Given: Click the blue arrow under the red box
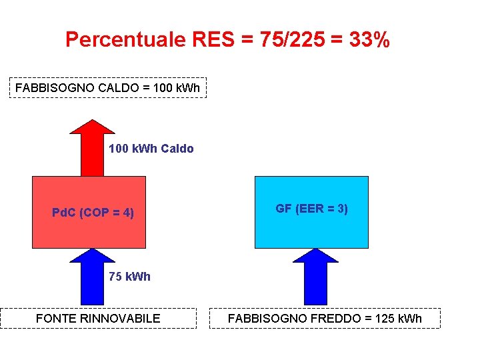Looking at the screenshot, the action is pos(92,277).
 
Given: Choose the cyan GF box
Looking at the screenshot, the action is pos(311,230).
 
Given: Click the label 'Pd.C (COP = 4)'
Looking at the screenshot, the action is pos(93,213).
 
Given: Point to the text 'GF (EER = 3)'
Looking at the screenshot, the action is pos(311,209).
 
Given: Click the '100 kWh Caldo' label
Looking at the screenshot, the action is pos(151,149).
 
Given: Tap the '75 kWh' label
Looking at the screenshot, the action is pos(130,277).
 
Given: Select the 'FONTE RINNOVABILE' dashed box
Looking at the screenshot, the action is pos(98,318).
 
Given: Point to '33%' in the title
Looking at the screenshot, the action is pos(369,40).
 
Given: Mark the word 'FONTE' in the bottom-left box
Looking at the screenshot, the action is pos(55,318).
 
